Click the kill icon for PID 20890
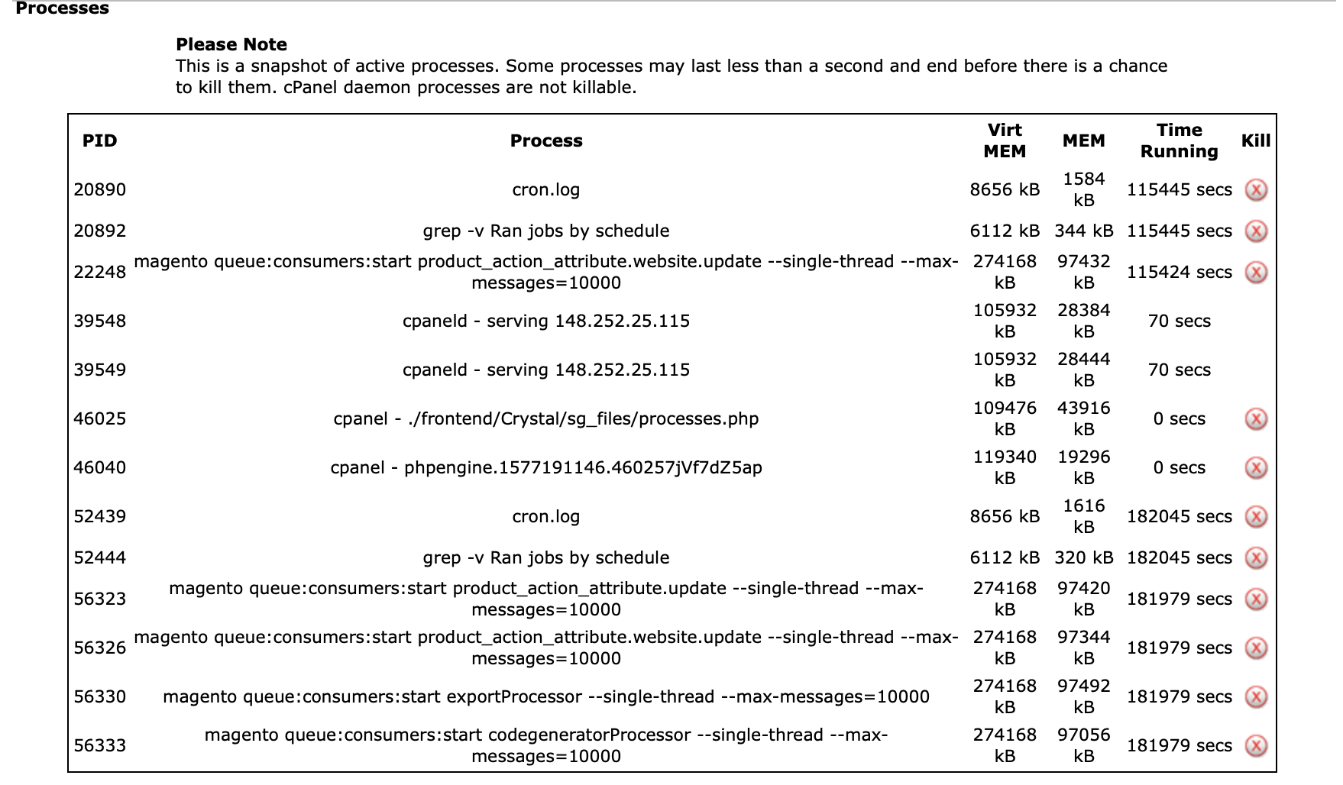1256,189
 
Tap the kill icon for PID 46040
1256,467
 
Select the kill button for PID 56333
1256,745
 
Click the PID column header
100,141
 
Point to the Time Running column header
1179,141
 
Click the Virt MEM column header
1005,141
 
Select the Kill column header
1256,141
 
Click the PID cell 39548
100,321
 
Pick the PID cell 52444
100,557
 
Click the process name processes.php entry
545,418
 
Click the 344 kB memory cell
1083,231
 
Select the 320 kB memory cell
1083,557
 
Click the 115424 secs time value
1179,272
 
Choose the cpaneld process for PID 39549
545,370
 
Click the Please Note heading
231,44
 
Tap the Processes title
63,8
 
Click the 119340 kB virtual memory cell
1005,467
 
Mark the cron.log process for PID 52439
545,516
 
